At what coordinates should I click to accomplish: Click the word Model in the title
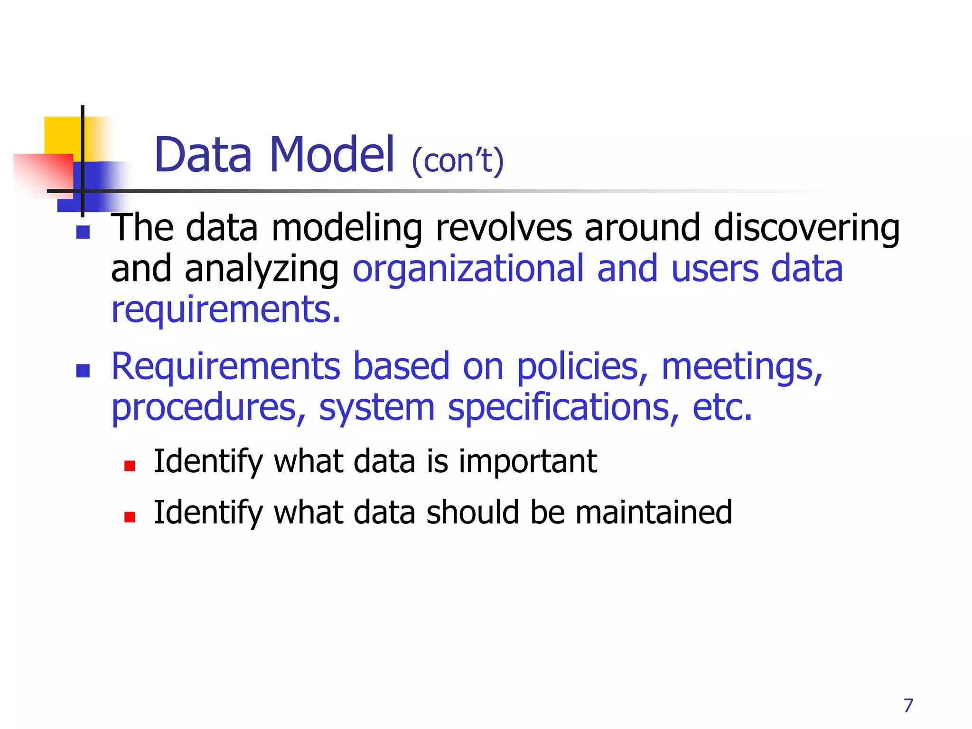pyautogui.click(x=332, y=155)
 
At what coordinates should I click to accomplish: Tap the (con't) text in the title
pyautogui.click(x=458, y=161)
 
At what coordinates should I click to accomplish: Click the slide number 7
pyautogui.click(x=908, y=706)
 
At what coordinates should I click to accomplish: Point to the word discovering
pyautogui.click(x=806, y=229)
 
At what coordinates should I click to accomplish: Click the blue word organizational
pyautogui.click(x=468, y=269)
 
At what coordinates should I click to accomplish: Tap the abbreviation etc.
pyautogui.click(x=722, y=408)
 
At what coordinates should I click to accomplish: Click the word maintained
pyautogui.click(x=654, y=513)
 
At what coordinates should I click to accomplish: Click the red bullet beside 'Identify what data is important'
pyautogui.click(x=130, y=466)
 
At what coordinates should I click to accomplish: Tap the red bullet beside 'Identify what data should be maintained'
pyautogui.click(x=130, y=517)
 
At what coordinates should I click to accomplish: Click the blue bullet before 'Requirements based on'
pyautogui.click(x=83, y=371)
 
